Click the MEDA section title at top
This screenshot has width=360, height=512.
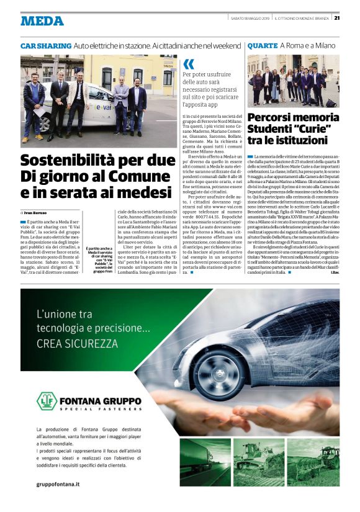[x=42, y=20]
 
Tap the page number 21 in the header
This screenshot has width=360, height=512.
[x=337, y=17]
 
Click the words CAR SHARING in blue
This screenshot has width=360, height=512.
[x=46, y=46]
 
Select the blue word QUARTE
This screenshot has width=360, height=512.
[x=262, y=46]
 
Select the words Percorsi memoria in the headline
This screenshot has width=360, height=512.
[x=291, y=116]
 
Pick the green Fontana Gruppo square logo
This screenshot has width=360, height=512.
[x=47, y=402]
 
